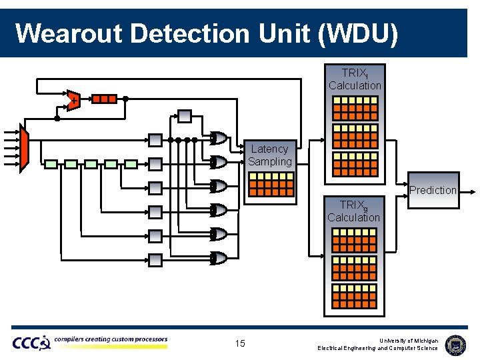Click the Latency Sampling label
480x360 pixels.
270,155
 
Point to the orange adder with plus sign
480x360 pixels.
73,99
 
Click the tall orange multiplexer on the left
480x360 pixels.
25,148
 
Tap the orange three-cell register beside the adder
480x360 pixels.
104,99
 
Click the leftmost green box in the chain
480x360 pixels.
51,163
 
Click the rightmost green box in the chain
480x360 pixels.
131,163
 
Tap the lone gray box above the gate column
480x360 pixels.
185,117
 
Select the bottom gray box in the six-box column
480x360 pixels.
155,259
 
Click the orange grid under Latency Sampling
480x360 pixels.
271,184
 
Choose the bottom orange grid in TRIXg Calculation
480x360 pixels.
353,296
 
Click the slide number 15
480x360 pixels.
240,343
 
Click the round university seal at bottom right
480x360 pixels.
455,344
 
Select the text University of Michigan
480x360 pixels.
409,340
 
